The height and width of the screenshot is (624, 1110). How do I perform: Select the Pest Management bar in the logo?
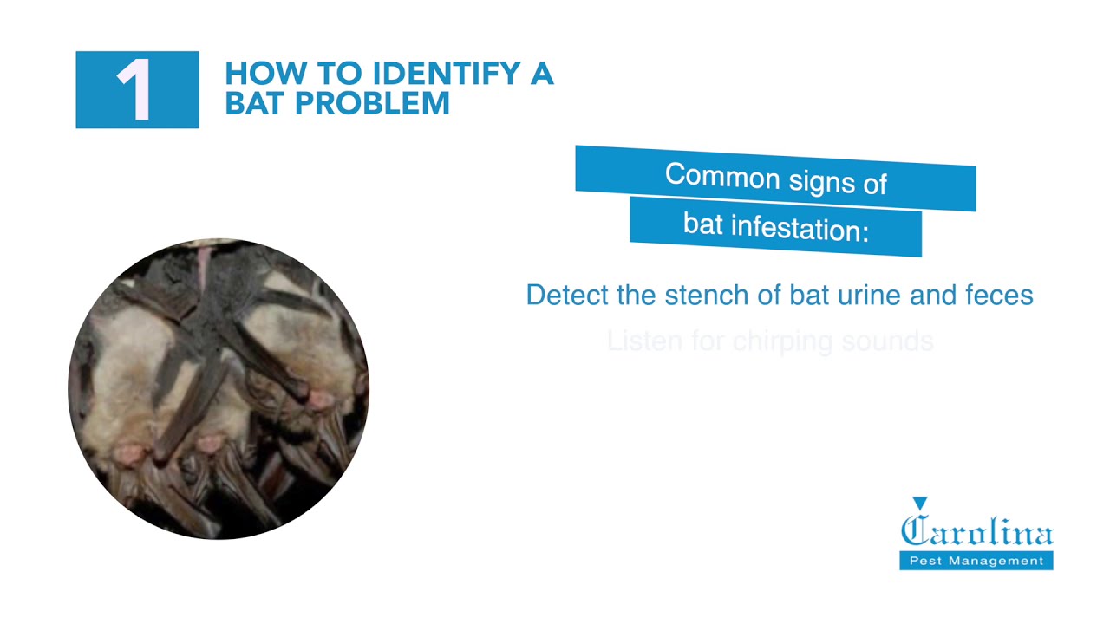(x=976, y=561)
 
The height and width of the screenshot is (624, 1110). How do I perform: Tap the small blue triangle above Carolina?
(x=920, y=503)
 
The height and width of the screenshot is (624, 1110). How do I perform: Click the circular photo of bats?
(x=219, y=389)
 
